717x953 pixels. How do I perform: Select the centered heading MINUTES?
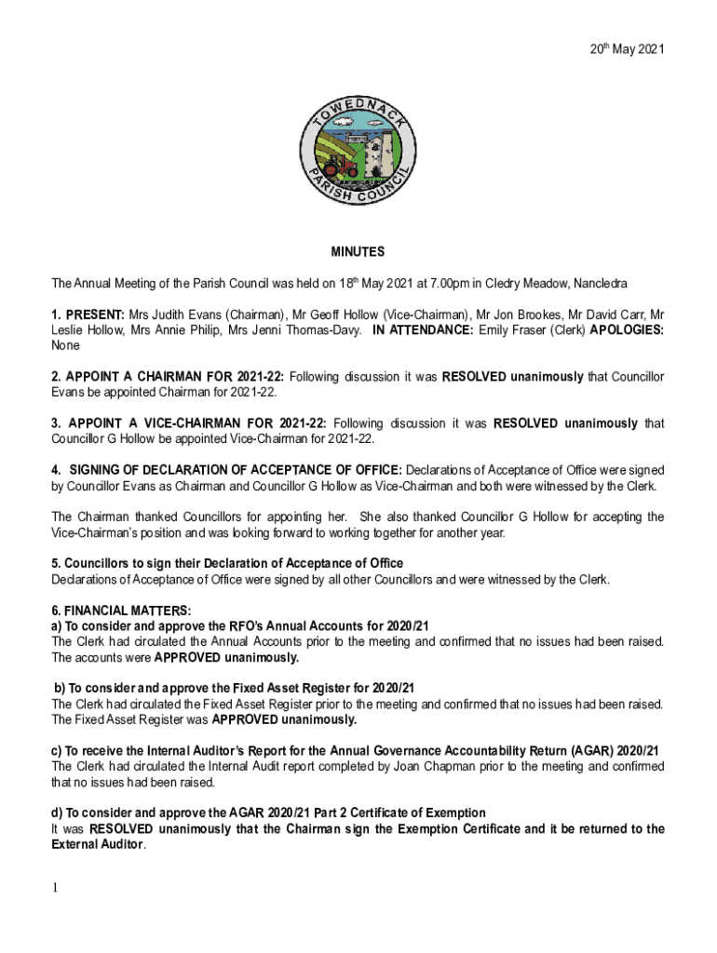358,252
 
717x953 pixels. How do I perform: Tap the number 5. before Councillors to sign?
57,563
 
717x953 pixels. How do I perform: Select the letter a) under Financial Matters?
57,626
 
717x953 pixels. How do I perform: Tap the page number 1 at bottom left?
55,888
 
